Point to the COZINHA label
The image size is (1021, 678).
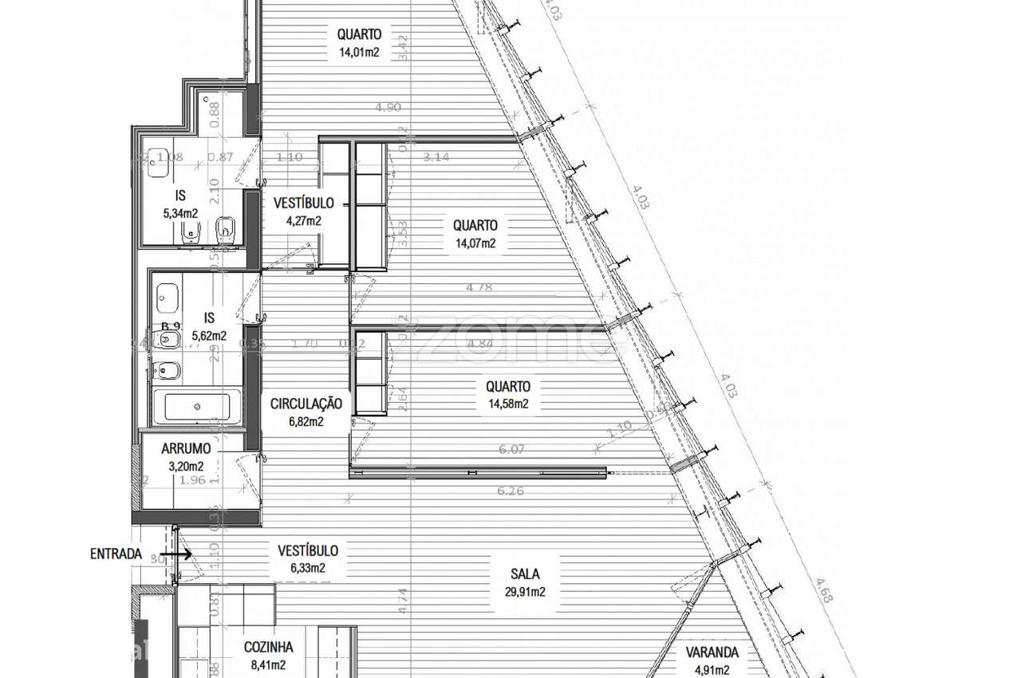268,648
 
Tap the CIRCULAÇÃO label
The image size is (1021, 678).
306,404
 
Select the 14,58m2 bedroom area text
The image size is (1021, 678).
508,404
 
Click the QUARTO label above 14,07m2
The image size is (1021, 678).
475,226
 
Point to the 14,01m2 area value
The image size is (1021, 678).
358,53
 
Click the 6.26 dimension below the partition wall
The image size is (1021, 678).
510,491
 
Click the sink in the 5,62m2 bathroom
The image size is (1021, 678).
168,298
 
